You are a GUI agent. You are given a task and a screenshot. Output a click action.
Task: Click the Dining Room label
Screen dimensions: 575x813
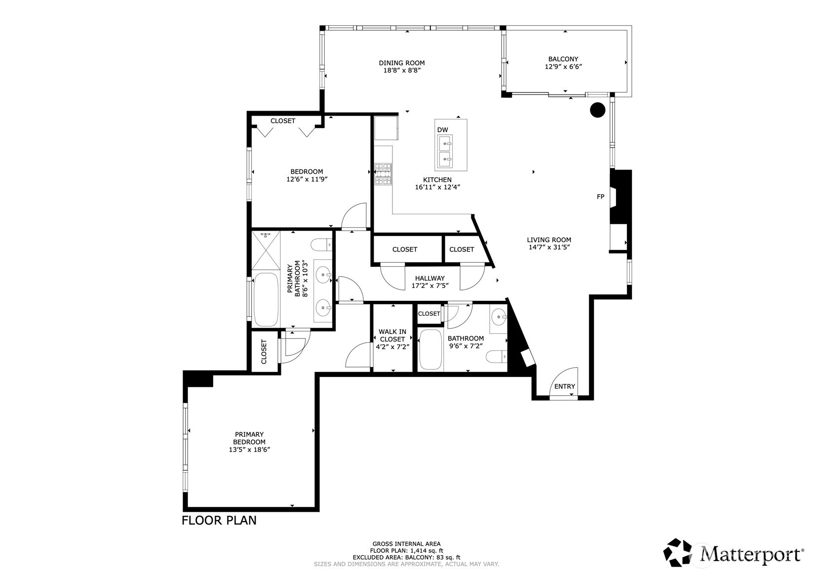point(401,63)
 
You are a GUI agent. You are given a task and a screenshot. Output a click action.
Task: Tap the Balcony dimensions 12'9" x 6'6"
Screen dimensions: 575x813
point(563,67)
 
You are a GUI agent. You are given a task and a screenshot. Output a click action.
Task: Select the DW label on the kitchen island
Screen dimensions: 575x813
point(442,130)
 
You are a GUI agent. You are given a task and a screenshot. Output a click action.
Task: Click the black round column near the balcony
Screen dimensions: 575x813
point(598,110)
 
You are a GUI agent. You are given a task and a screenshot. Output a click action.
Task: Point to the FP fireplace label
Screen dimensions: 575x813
point(600,197)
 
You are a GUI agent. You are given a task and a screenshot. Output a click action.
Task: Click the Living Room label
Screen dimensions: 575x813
point(548,240)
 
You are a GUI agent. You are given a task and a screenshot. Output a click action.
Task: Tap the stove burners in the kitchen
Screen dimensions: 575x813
point(383,174)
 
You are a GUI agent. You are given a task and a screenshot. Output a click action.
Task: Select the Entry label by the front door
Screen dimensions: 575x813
point(564,386)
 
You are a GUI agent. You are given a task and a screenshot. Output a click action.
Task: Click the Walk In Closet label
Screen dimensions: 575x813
point(392,335)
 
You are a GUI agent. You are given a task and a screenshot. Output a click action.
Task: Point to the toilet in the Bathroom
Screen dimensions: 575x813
point(497,356)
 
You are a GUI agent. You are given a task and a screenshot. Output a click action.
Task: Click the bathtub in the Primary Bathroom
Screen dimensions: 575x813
point(266,299)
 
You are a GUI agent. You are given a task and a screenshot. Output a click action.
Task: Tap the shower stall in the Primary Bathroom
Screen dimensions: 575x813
point(266,250)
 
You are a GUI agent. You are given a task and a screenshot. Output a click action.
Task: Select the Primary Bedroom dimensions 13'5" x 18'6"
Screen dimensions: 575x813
point(249,450)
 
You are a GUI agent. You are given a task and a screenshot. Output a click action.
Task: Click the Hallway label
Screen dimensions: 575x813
point(429,278)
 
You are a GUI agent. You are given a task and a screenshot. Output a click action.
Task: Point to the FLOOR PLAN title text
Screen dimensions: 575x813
point(219,520)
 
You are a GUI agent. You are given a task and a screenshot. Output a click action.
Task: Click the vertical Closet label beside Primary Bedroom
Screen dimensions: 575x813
point(264,351)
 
